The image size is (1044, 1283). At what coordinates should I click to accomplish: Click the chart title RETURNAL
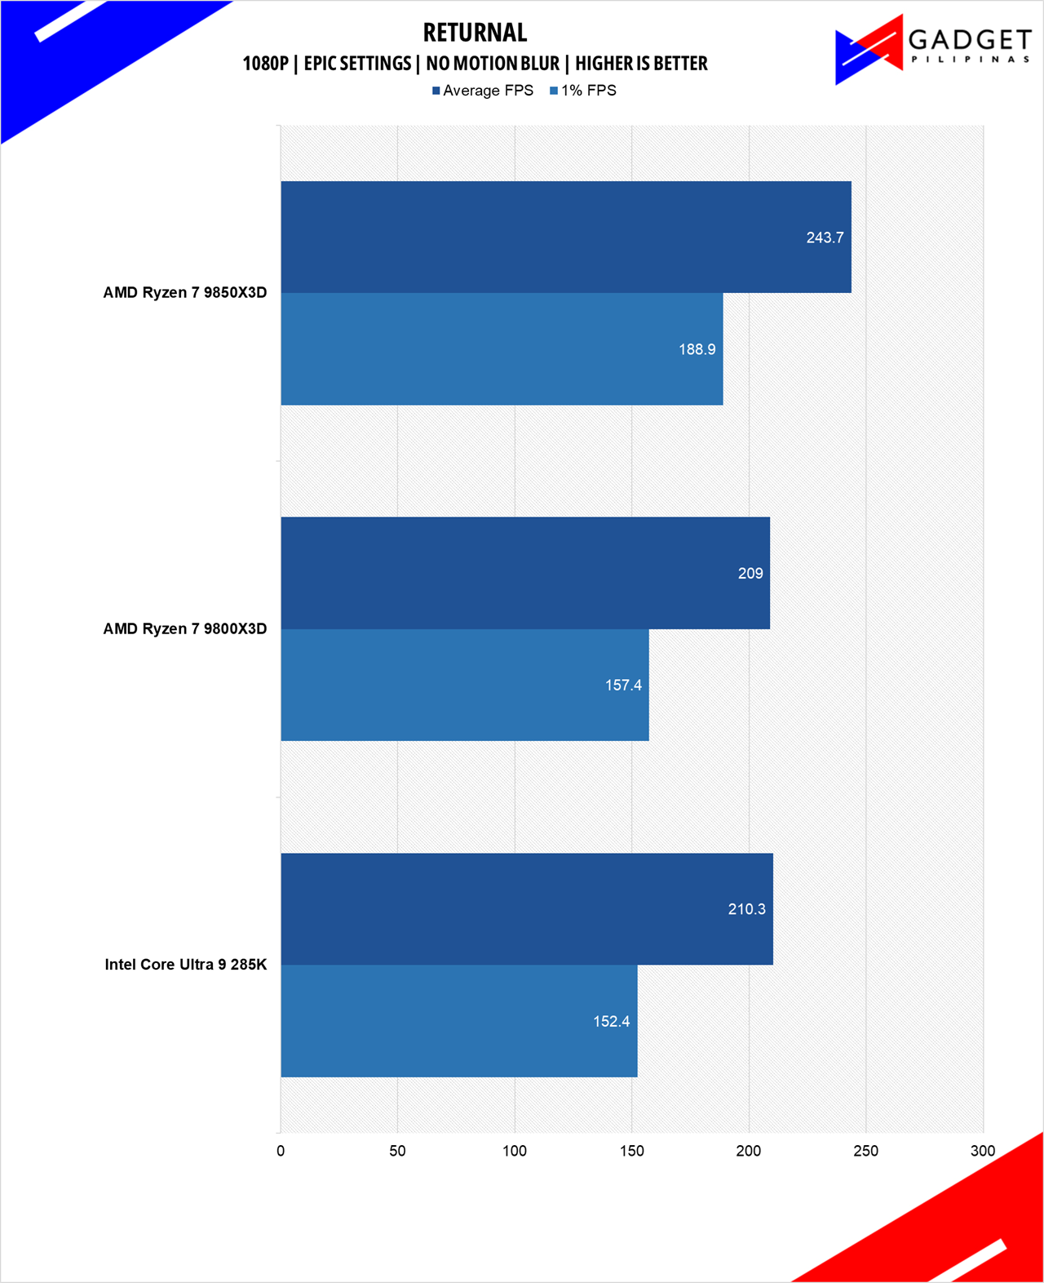(x=475, y=33)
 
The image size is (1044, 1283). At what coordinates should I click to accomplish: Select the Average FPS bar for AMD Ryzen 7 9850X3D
(x=565, y=237)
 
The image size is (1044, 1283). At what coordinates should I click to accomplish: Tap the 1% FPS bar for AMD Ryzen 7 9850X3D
(x=502, y=349)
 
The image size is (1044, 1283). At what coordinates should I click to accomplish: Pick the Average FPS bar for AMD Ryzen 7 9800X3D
(x=524, y=573)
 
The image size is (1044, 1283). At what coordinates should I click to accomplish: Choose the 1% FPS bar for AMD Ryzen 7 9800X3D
(x=465, y=685)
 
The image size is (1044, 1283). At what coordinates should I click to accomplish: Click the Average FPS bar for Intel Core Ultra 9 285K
(x=526, y=909)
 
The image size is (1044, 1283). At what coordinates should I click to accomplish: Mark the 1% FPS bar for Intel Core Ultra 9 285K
(x=458, y=1021)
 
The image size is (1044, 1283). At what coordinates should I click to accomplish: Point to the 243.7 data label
(x=825, y=238)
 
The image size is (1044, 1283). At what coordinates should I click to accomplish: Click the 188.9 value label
(x=697, y=349)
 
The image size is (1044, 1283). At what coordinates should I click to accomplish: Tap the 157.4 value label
(x=623, y=685)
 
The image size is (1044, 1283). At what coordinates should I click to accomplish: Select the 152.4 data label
(x=611, y=1021)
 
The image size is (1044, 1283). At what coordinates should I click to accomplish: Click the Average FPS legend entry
(x=483, y=91)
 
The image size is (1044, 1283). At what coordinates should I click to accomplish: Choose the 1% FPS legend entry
(x=583, y=91)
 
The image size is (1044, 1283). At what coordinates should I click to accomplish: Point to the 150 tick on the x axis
(x=631, y=1151)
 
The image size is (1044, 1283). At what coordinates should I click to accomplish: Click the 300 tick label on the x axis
(x=983, y=1151)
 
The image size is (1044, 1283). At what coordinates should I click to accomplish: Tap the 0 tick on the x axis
(x=281, y=1151)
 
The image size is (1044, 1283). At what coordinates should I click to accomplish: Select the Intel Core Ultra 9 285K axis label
(x=185, y=965)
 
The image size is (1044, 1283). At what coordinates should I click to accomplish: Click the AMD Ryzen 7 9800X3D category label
(x=184, y=628)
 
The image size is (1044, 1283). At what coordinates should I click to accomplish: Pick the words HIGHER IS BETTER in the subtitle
(x=641, y=64)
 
